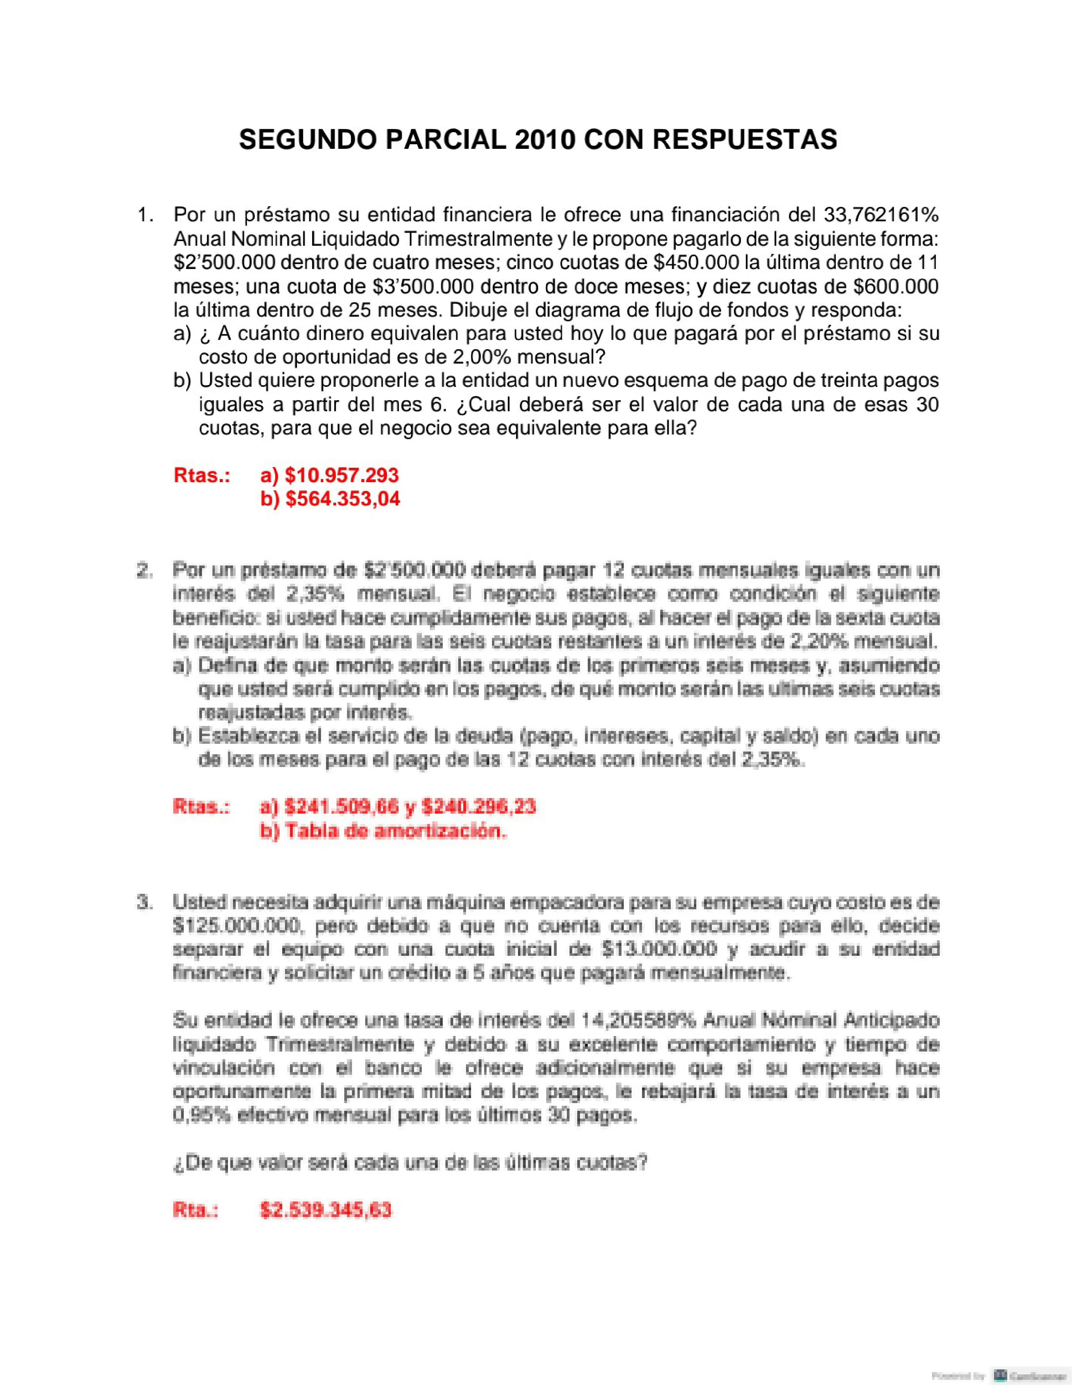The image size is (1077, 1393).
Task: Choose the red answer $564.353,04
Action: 343,499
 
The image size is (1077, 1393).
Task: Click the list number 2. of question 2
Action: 145,570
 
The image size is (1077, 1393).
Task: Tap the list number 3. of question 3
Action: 145,902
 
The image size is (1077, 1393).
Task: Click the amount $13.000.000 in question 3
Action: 659,949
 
